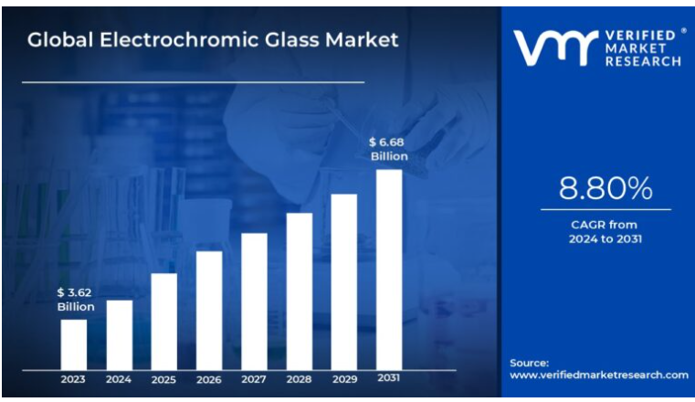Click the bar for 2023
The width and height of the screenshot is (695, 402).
click(74, 344)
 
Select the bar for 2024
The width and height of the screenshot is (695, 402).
click(119, 333)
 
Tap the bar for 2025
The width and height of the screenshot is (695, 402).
click(163, 320)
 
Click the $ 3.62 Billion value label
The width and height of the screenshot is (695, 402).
click(75, 300)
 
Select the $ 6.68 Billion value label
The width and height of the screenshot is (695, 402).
click(388, 149)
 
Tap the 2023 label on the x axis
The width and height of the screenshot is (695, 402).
click(74, 379)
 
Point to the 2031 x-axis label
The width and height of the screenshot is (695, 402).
click(389, 379)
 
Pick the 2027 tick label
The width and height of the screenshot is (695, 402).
click(254, 379)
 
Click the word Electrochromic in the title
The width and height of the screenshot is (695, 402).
click(183, 39)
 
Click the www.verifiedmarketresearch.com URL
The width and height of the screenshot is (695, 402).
click(598, 376)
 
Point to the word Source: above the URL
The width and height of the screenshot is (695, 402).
click(530, 362)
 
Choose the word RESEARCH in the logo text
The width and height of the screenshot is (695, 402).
click(643, 61)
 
